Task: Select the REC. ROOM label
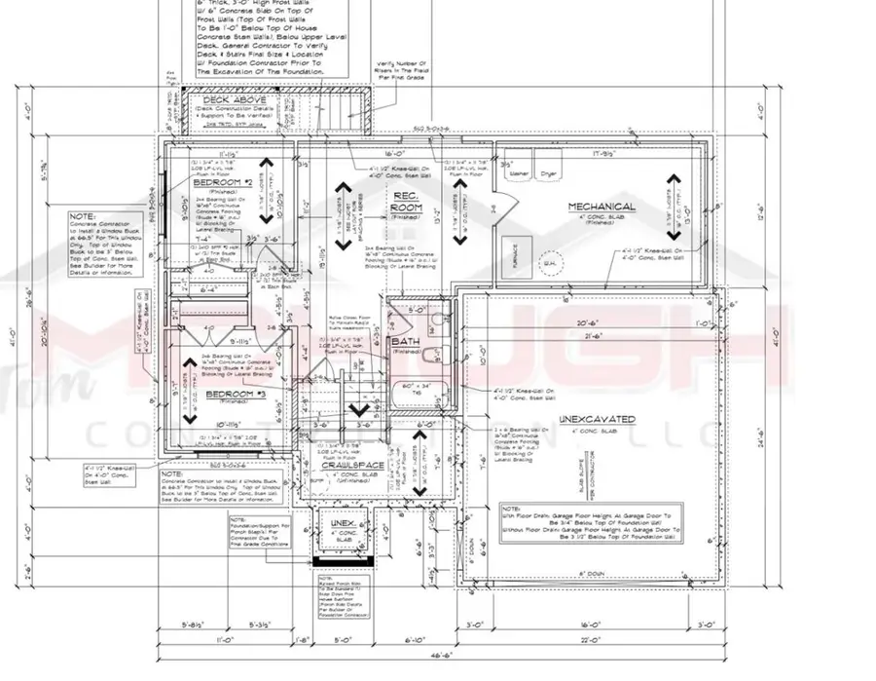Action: click(x=405, y=202)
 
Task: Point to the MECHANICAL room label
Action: click(x=602, y=207)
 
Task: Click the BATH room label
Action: click(x=405, y=343)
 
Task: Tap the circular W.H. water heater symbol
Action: click(x=551, y=260)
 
